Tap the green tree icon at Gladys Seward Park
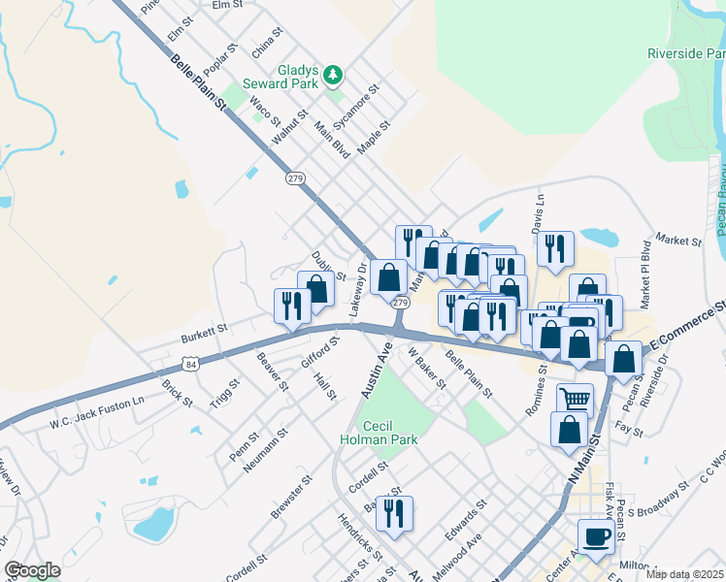pyautogui.click(x=333, y=75)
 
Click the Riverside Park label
pyautogui.click(x=686, y=54)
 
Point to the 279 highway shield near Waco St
pyautogui.click(x=295, y=178)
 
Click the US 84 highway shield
pyautogui.click(x=189, y=363)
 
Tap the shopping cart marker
pyautogui.click(x=576, y=398)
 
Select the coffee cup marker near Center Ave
pyautogui.click(x=596, y=535)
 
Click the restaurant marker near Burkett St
pyautogui.click(x=292, y=305)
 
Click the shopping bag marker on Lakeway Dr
pyautogui.click(x=388, y=276)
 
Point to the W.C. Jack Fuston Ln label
pyautogui.click(x=97, y=411)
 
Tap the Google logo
pyautogui.click(x=32, y=570)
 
